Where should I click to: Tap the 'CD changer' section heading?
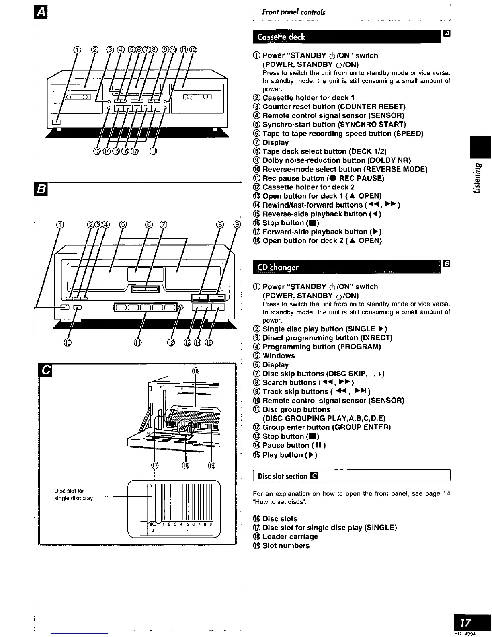(278, 267)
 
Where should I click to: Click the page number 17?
(465, 623)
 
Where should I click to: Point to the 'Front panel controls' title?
(294, 12)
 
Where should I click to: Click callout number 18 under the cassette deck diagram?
(153, 151)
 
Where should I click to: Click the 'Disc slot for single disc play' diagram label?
(74, 494)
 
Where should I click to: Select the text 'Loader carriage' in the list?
(290, 536)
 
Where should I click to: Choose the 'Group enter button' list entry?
(326, 427)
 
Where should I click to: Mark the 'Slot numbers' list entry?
(286, 546)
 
